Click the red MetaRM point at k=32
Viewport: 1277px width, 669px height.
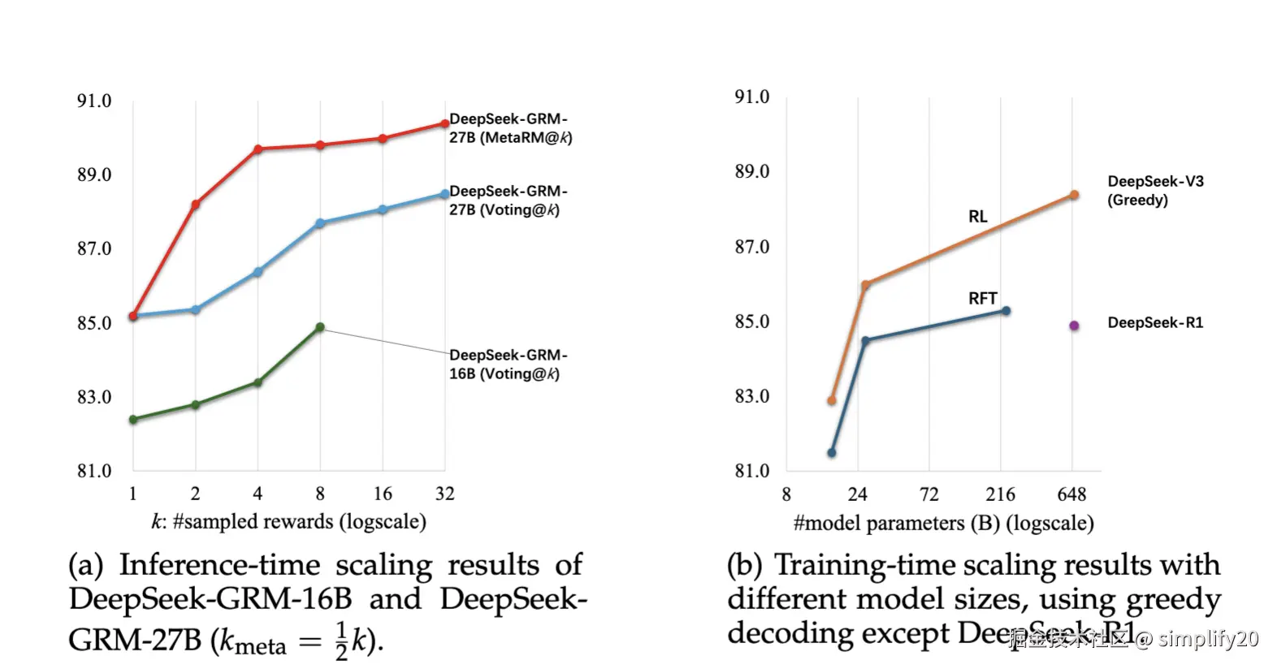(444, 123)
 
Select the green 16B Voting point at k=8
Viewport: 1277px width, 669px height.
(320, 327)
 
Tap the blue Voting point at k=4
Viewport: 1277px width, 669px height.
(258, 272)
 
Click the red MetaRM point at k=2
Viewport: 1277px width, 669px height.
(195, 205)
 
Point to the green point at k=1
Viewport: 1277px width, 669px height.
(133, 420)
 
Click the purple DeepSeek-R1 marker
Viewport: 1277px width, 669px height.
(1074, 326)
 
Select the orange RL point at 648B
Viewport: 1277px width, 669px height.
(1074, 195)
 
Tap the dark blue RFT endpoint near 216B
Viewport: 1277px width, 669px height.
(1006, 311)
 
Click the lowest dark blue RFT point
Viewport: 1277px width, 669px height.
(832, 453)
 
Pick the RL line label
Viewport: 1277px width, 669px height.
(977, 217)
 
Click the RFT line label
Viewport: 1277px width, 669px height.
(982, 299)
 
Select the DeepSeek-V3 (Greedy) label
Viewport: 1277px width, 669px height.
(1155, 191)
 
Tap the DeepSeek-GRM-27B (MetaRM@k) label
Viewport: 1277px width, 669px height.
(509, 128)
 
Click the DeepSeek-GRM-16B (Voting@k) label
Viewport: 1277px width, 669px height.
(508, 365)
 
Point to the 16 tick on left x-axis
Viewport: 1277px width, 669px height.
(383, 494)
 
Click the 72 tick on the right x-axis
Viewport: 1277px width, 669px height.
(929, 494)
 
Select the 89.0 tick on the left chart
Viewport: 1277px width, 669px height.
(94, 175)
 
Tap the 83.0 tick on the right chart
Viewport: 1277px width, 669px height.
(752, 396)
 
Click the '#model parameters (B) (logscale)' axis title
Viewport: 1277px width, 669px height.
(943, 523)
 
